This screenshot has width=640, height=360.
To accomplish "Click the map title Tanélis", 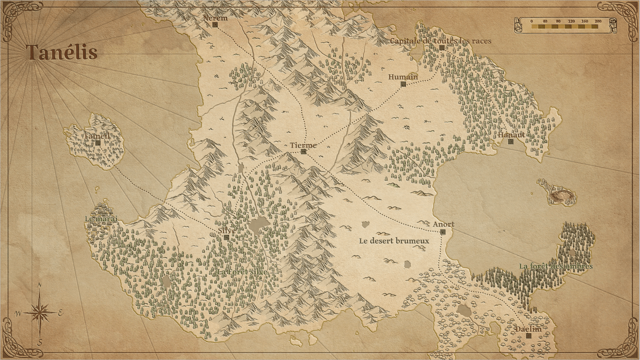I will tap(62, 52).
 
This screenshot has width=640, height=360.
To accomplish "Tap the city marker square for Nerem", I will tap(215, 25).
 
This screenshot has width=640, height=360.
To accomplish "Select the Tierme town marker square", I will tap(303, 151).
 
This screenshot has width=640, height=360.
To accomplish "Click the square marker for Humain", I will tap(403, 84).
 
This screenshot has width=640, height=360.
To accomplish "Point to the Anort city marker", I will tap(443, 232).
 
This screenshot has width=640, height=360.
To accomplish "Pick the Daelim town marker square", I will tap(529, 336).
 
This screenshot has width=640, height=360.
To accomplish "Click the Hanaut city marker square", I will tap(510, 141).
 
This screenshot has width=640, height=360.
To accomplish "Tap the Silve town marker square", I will tap(226, 237).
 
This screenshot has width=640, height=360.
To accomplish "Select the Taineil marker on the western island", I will tap(98, 143).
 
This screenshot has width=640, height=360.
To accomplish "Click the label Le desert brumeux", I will tap(394, 241).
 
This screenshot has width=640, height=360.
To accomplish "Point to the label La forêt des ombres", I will tap(555, 266).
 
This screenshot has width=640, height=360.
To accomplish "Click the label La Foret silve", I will tap(242, 272).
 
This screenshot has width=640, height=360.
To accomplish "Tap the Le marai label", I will tap(101, 219).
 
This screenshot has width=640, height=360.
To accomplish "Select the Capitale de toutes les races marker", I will tap(442, 47).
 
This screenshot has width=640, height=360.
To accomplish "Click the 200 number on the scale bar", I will tap(598, 21).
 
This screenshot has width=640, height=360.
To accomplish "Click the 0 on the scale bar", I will tap(532, 21).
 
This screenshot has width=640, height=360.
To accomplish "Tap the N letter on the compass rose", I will tap(39, 285).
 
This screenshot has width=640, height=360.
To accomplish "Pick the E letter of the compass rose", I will tap(61, 313).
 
